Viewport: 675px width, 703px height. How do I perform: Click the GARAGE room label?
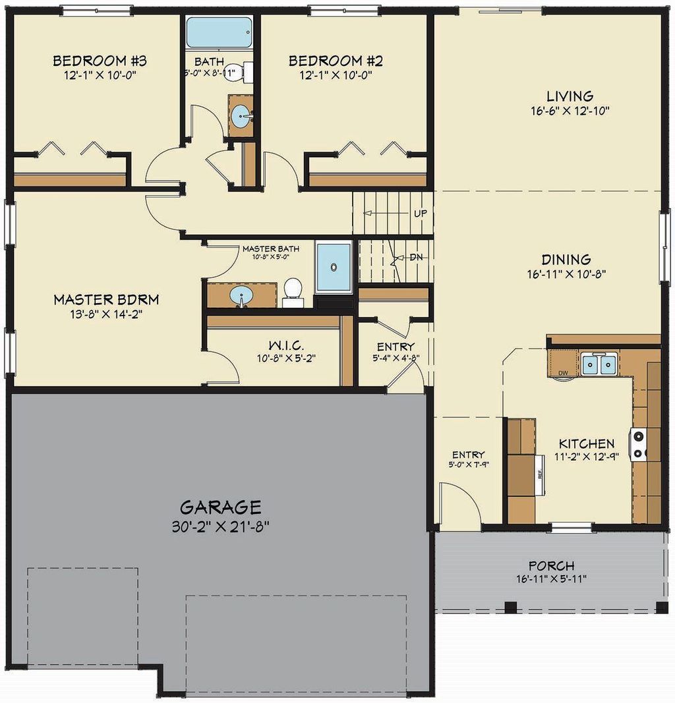(x=221, y=507)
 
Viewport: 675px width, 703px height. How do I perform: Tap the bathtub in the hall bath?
(x=219, y=32)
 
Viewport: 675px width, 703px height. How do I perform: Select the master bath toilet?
(x=293, y=291)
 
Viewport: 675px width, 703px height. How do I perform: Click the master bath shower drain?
(x=334, y=267)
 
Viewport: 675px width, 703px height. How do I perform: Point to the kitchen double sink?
(x=599, y=363)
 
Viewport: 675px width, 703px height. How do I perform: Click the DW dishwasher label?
(x=563, y=374)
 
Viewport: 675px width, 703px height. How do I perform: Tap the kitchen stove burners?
(x=639, y=445)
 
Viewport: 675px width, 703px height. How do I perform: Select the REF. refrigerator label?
(x=539, y=473)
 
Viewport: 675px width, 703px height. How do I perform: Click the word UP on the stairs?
(x=420, y=213)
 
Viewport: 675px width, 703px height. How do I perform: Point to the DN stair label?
(x=415, y=257)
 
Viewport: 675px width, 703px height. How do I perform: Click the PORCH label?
(x=551, y=565)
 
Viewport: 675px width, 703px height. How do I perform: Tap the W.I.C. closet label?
(x=285, y=346)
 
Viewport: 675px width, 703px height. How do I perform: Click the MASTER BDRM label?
(x=106, y=300)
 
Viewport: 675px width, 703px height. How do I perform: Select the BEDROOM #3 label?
(x=100, y=61)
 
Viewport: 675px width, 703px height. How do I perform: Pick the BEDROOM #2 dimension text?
(x=336, y=75)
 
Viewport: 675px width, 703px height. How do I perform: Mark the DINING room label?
(x=566, y=260)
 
